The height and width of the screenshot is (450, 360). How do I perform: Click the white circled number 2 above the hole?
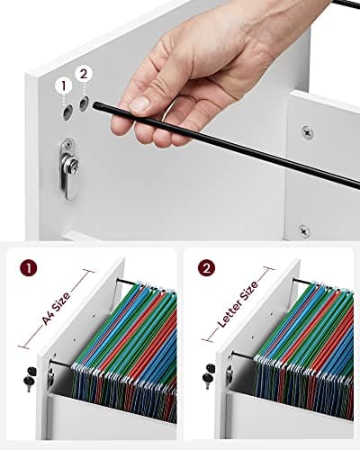click(85, 74)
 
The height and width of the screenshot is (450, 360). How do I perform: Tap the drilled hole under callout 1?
click(67, 112)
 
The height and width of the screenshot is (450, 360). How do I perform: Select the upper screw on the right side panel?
click(308, 132)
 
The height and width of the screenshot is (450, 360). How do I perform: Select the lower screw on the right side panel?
click(305, 230)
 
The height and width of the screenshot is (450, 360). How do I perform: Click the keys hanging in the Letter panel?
click(210, 377)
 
